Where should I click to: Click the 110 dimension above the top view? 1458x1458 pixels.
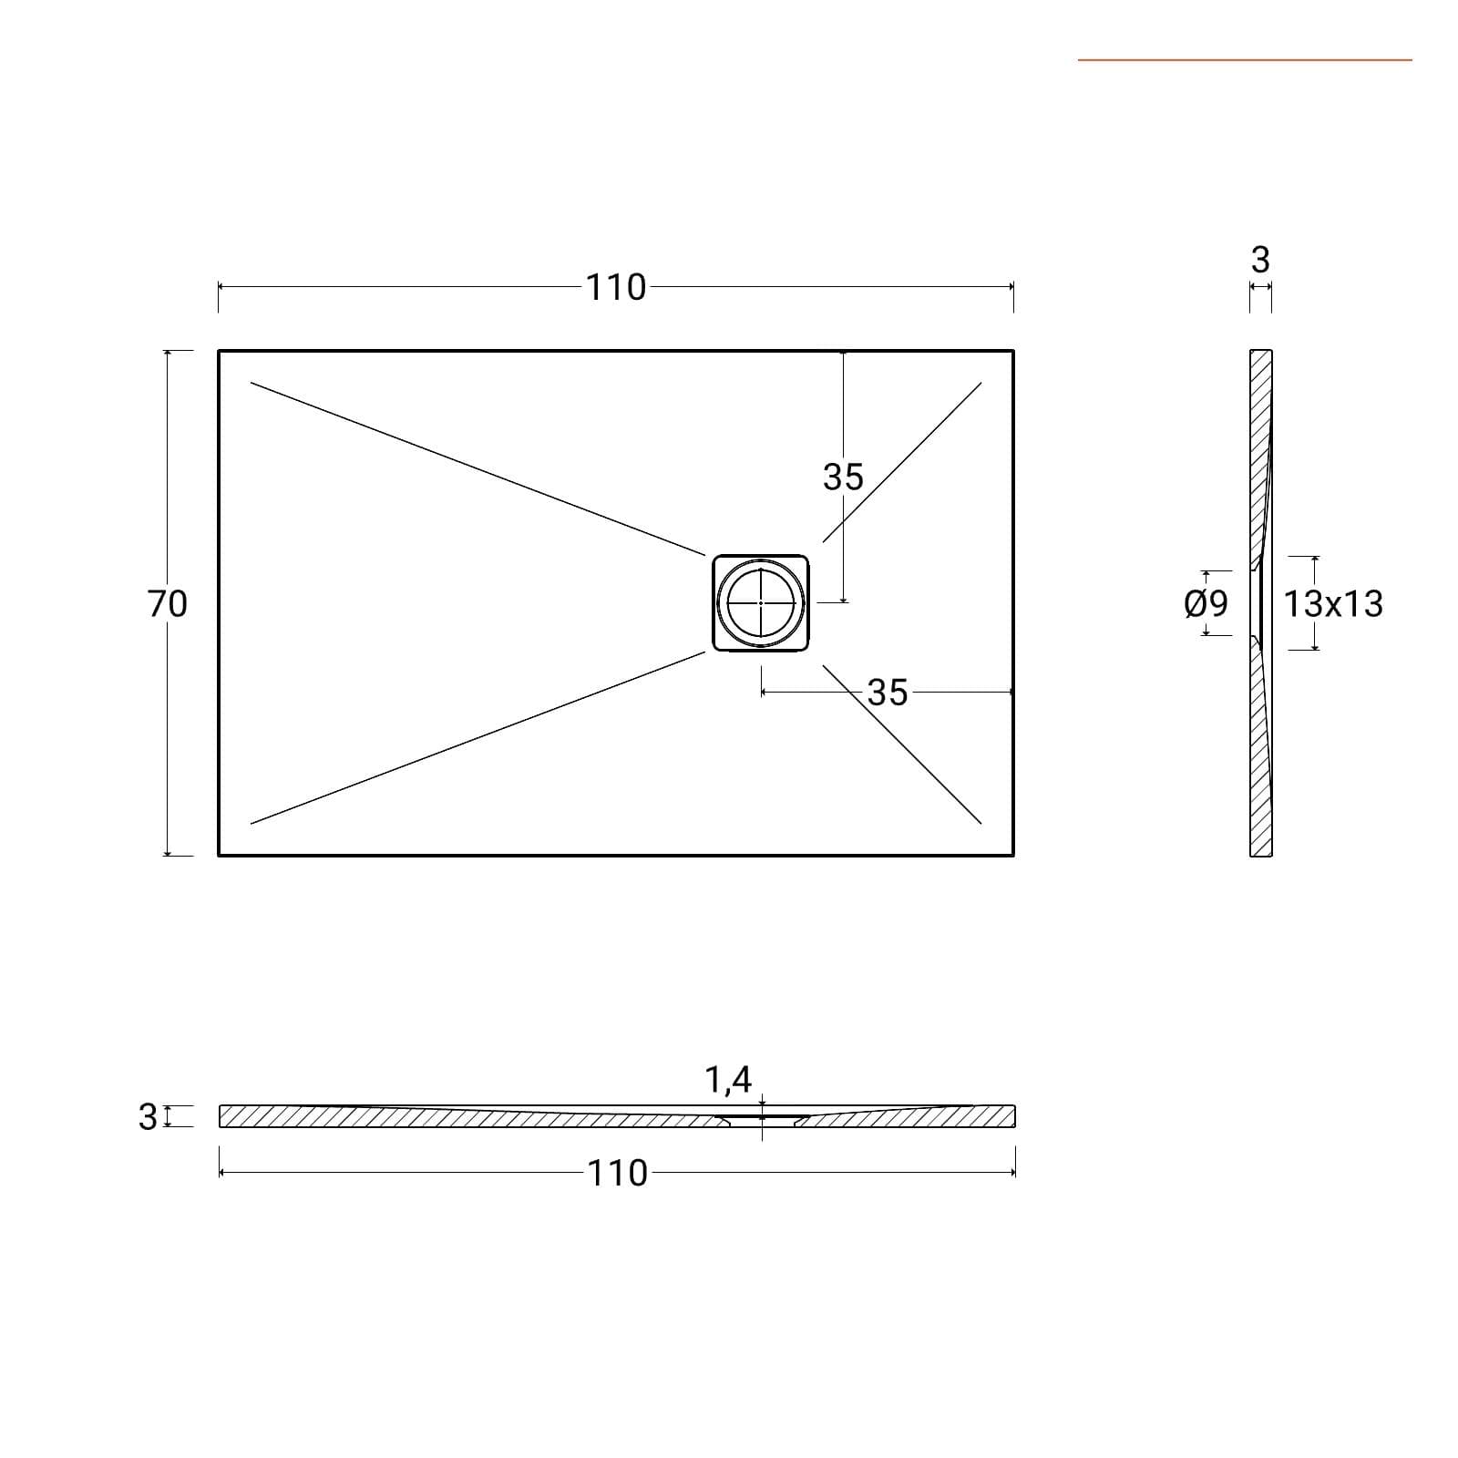click(616, 287)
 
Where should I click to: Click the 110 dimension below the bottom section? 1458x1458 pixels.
click(618, 1173)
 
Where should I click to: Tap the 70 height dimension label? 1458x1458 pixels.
click(168, 603)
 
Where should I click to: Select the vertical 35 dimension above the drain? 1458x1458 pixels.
click(843, 477)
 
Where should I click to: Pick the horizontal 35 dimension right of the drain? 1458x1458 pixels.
click(888, 693)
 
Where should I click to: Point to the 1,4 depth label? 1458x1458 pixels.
click(728, 1079)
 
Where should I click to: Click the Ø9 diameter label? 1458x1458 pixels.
click(1206, 603)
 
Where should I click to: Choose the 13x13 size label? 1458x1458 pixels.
click(1333, 603)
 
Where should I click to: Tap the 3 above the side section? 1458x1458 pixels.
click(1260, 260)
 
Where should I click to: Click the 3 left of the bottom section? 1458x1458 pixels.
click(148, 1116)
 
